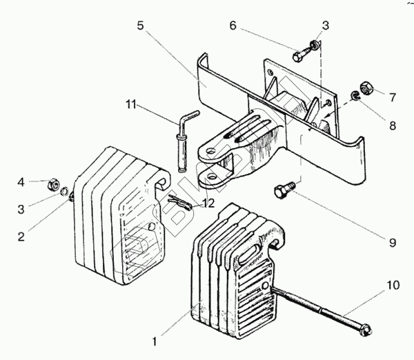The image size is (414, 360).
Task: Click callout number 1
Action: (155, 340)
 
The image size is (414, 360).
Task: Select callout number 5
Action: (140, 27)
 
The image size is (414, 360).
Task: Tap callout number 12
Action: (208, 203)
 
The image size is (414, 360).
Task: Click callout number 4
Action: (21, 183)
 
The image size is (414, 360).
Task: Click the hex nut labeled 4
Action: (50, 185)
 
